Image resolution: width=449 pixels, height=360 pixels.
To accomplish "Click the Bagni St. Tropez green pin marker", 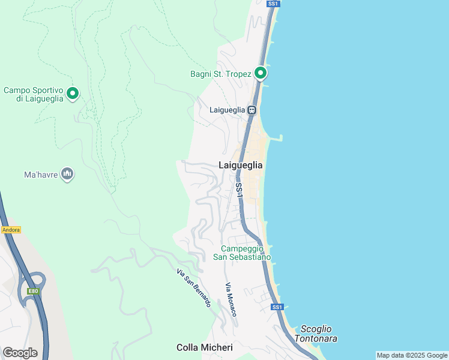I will (261, 73).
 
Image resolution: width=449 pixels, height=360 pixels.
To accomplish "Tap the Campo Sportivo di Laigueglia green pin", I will (73, 93).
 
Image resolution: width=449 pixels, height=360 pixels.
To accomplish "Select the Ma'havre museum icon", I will (67, 174).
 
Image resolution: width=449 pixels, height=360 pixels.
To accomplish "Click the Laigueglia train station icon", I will (252, 110).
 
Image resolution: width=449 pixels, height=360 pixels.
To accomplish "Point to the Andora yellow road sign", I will (11, 230).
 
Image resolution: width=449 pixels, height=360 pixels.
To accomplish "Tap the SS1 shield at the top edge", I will (273, 4).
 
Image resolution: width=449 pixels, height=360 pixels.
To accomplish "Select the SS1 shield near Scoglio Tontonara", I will (277, 307).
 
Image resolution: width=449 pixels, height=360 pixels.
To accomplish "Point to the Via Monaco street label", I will (231, 299).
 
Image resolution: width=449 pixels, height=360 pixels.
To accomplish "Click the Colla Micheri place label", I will (200, 347).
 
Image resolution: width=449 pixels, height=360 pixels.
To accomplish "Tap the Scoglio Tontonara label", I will (319, 334).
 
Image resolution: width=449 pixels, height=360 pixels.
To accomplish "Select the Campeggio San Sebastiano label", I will (242, 253).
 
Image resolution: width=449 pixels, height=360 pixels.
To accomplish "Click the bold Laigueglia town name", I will (240, 165).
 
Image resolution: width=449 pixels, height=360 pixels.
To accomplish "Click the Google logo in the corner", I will (20, 353).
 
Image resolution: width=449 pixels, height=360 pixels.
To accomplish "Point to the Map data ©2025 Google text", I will (412, 355).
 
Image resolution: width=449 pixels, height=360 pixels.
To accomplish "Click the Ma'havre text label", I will (41, 175).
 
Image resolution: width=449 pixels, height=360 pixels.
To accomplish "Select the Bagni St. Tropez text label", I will (220, 74).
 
